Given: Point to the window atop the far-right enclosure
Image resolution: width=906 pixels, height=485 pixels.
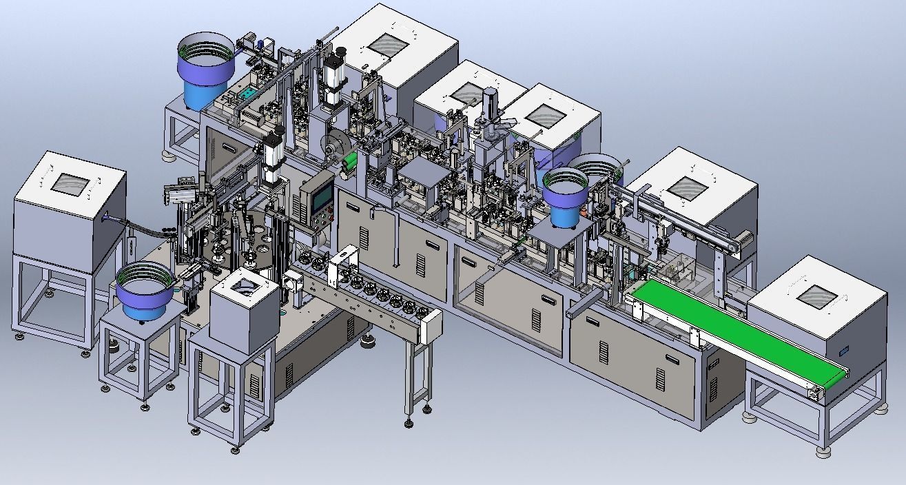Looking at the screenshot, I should pyautogui.click(x=818, y=293).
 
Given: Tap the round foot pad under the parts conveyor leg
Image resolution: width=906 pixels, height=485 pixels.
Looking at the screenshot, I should pyautogui.click(x=409, y=422).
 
